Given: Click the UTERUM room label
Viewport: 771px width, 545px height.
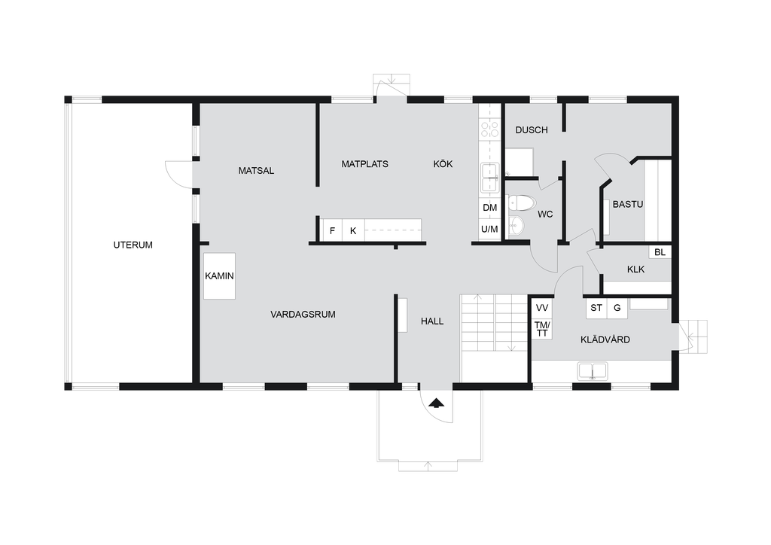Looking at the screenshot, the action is tap(133, 245).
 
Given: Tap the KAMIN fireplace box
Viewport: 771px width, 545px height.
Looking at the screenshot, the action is tap(219, 276).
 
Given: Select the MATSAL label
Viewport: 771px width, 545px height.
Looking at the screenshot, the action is tap(256, 171).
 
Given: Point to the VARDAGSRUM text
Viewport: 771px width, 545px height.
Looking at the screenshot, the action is tap(303, 314).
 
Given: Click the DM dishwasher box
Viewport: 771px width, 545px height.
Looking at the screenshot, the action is tap(489, 207).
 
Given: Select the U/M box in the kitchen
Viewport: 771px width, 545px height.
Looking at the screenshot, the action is tap(489, 229).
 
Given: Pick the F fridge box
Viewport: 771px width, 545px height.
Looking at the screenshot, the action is tap(332, 230).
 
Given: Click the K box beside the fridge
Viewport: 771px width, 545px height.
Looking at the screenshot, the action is tap(354, 230).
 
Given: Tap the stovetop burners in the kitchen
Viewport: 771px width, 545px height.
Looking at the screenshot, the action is tap(489, 129).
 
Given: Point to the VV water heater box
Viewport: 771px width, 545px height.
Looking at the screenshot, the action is tap(542, 308).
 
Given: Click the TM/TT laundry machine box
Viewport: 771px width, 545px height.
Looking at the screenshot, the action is tap(542, 329).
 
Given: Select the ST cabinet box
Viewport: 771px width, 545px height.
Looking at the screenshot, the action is tap(596, 308).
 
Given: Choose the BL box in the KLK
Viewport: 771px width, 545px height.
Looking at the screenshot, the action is tap(660, 252).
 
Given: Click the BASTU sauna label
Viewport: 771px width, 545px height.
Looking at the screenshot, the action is tap(628, 204).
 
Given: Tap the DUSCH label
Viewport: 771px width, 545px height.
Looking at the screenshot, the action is tap(532, 129).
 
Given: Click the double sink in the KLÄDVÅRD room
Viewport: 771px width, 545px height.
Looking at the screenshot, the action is tap(593, 371).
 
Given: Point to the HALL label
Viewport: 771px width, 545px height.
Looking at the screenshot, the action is tap(432, 321).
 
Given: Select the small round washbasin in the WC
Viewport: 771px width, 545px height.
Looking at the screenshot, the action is tap(517, 226).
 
